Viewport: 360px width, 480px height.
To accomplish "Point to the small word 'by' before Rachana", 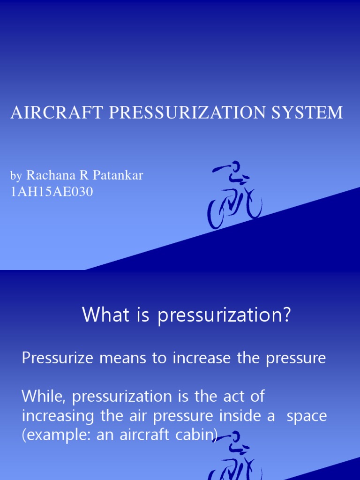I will coord(16,176).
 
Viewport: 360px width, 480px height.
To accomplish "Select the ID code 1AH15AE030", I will coord(52,191).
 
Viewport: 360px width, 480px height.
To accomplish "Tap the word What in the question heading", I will coord(102,315).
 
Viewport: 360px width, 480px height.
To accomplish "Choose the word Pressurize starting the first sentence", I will coord(57,359).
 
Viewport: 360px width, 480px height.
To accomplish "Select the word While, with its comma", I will coord(45,397).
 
